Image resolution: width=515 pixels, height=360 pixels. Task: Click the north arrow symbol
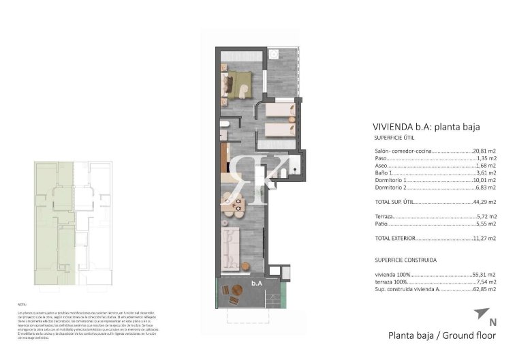[481, 314]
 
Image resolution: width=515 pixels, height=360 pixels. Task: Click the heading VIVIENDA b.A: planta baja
[426, 126]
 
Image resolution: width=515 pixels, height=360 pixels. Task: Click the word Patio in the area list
[381, 224]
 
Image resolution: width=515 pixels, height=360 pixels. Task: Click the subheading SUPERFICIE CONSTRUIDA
[405, 260]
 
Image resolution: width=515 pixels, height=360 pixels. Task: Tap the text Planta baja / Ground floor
[442, 335]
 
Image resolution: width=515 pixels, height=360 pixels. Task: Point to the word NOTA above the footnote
[22, 304]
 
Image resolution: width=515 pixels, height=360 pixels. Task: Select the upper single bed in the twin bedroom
[278, 109]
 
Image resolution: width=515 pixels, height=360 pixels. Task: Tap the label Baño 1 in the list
[384, 173]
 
